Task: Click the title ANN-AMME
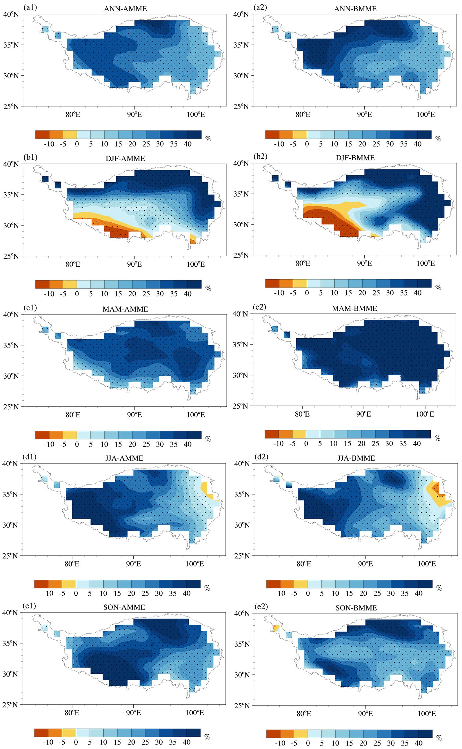[125, 9]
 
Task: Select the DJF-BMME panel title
[355, 158]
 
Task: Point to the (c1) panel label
[30, 308]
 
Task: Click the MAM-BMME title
[354, 308]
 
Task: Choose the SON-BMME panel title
[356, 608]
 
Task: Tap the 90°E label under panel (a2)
[364, 114]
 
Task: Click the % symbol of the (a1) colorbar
[208, 139]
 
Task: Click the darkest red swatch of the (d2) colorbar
[273, 584]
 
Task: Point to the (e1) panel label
[30, 607]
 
